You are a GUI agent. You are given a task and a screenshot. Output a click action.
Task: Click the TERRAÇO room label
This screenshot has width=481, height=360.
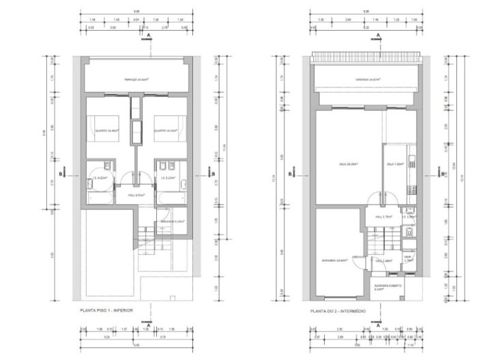pyautogui.click(x=137, y=80)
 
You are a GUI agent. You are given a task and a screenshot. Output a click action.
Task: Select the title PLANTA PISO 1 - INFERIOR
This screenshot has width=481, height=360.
pyautogui.click(x=106, y=311)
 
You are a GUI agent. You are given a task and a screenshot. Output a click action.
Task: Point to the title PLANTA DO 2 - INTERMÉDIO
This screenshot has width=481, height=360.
pyautogui.click(x=338, y=311)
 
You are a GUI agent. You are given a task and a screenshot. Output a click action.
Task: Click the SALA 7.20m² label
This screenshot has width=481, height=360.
pyautogui.click(x=395, y=164)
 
